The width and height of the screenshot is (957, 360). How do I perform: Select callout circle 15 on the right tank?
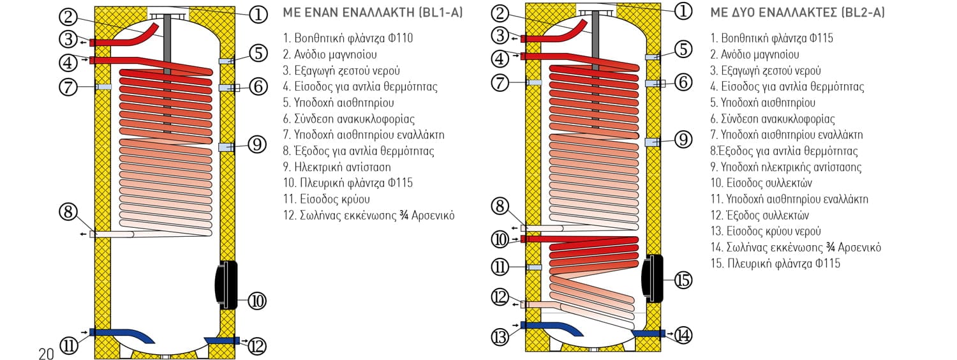click(683, 280)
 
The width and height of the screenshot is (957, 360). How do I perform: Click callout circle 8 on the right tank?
click(501, 206)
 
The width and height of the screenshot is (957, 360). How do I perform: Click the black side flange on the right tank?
click(654, 278)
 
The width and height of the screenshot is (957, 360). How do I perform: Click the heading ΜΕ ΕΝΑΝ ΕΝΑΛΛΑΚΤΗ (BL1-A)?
click(372, 13)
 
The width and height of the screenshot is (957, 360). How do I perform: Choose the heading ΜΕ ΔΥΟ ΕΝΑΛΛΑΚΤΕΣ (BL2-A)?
click(797, 13)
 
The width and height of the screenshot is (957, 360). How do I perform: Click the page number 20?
click(46, 354)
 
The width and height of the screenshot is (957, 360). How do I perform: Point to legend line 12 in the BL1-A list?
click(368, 215)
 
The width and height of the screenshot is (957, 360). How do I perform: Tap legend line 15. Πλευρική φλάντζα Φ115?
click(775, 263)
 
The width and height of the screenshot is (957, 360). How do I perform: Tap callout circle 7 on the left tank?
click(68, 86)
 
